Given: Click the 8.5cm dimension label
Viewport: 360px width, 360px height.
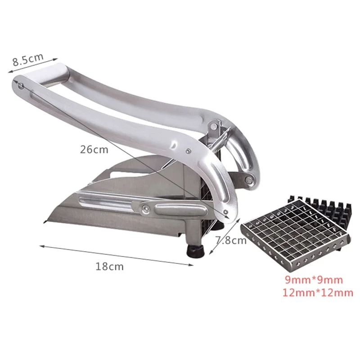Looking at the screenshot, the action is (x=28, y=59).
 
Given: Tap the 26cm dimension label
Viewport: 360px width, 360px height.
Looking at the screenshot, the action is (x=94, y=150).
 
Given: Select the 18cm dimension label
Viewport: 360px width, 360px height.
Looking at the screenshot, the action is (x=109, y=266).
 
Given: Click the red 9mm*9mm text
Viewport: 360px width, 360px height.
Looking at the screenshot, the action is (x=314, y=280).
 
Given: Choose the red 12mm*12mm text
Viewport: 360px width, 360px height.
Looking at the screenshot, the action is (x=318, y=293).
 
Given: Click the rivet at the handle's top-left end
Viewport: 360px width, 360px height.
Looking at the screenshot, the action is (x=21, y=86).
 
